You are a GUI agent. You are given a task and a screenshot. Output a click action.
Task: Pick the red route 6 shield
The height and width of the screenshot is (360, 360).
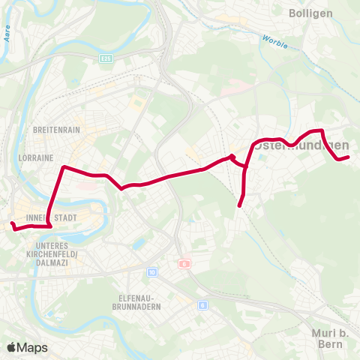click(x=184, y=264)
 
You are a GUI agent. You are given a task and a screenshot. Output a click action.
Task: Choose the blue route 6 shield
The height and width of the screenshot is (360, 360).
click(x=202, y=305)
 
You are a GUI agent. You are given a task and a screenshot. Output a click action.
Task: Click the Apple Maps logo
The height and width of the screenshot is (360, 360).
click(x=27, y=347)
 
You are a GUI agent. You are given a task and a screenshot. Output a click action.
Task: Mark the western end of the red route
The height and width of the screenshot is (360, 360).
click(x=12, y=224)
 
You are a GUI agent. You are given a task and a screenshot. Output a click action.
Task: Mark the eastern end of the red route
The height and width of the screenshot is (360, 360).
click(x=349, y=157)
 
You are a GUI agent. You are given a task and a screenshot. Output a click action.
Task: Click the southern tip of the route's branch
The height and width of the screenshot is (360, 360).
click(x=239, y=205)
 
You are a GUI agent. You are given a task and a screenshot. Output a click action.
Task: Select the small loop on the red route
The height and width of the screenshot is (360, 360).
click(x=233, y=157)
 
